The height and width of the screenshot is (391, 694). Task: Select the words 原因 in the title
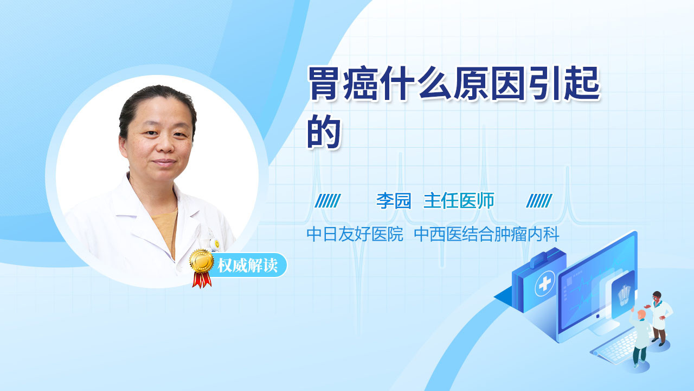tap(490, 84)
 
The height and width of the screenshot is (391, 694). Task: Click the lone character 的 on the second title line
tap(324, 131)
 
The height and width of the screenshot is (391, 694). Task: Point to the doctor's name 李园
tap(394, 200)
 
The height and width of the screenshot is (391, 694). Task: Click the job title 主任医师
tap(459, 200)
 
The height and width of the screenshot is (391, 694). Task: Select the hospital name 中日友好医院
tap(355, 234)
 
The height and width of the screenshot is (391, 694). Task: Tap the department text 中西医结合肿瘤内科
tap(486, 234)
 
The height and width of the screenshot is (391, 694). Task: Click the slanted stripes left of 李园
tap(327, 201)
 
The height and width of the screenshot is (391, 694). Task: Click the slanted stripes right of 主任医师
tap(539, 201)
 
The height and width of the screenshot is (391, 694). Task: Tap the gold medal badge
tap(202, 261)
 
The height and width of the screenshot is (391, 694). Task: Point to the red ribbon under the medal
tap(202, 280)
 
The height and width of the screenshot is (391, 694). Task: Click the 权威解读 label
tap(247, 266)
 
